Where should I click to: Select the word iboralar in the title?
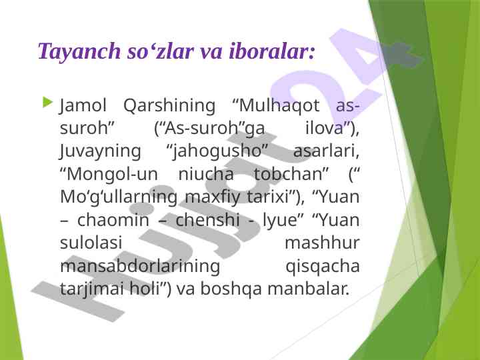pos(270,51)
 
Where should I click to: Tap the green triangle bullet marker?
pos(48,102)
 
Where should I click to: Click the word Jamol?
pos(83,106)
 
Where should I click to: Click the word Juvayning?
pos(100,152)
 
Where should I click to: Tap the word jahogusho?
pos(217,152)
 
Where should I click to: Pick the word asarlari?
pos(326,151)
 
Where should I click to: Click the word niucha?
pos(206,174)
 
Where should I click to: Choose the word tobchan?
pos(289,174)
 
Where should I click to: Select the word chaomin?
pos(113,220)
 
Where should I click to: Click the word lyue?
pos(280,221)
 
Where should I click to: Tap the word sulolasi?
pos(91,243)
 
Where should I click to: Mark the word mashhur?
pos(322,243)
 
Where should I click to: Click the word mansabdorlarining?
pos(140,266)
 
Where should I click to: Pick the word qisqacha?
pos(323,267)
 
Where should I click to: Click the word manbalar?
pos(308,289)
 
